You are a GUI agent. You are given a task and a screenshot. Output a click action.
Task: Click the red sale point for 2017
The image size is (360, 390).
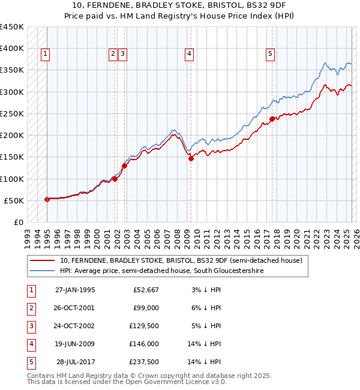click(x=272, y=119)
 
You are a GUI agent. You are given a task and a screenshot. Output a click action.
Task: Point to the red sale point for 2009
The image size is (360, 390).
click(x=191, y=159)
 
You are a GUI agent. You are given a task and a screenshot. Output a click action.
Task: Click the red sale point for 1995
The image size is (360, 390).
click(x=47, y=199)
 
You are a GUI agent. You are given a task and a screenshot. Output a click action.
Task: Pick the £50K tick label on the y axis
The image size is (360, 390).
click(x=14, y=200)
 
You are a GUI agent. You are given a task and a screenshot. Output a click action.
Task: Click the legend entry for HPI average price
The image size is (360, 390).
click(x=161, y=271)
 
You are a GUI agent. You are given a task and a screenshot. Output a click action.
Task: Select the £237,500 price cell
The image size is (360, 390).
click(x=144, y=362)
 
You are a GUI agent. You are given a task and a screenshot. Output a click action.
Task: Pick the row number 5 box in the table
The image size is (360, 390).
click(x=31, y=362)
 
